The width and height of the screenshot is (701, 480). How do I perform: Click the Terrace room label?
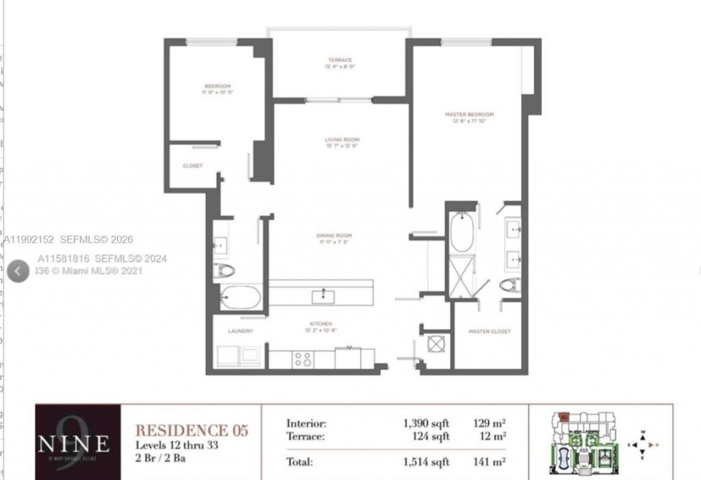tap(340, 60)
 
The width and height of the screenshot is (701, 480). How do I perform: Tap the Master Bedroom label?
tap(469, 114)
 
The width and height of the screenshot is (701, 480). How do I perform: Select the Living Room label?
tap(342, 140)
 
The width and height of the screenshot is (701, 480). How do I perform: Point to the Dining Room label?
tap(340, 236)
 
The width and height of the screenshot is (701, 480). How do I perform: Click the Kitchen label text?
tap(320, 323)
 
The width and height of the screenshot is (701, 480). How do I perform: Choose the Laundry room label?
tap(240, 331)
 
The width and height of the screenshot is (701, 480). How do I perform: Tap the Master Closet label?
tap(489, 332)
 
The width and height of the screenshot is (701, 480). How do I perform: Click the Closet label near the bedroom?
tap(192, 165)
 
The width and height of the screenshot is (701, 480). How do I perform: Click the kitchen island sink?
tap(321, 295)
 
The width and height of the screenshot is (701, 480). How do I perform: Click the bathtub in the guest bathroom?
tap(240, 297)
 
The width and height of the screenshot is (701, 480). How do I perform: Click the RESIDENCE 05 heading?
tap(191, 430)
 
